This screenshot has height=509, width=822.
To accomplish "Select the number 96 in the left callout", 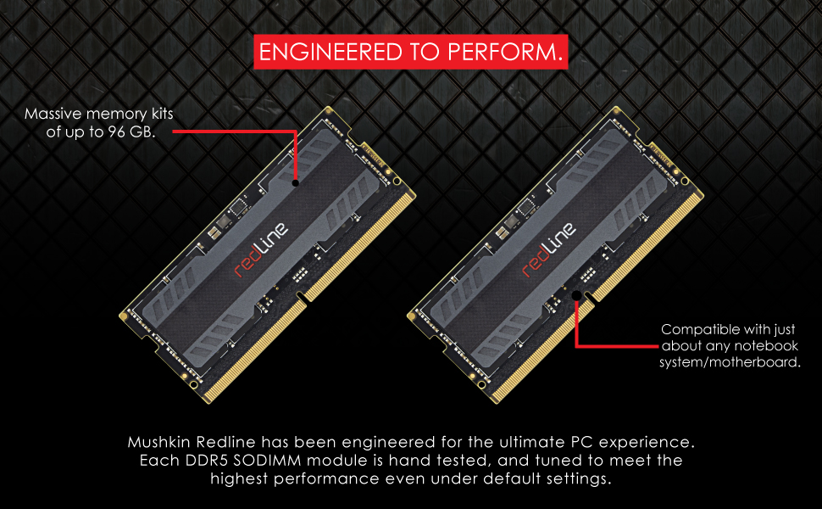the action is tap(116, 131).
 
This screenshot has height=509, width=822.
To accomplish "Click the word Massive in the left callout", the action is tap(53, 114).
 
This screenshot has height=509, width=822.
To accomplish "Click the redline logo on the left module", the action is tap(261, 249).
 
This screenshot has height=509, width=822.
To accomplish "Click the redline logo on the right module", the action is tap(549, 249).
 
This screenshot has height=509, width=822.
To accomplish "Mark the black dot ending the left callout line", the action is tap(296, 183).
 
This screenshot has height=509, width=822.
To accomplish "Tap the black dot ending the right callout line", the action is tap(576, 296).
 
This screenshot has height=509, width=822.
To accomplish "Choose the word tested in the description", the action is tap(465, 460).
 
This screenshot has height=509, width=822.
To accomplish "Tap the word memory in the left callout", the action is tap(116, 115).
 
